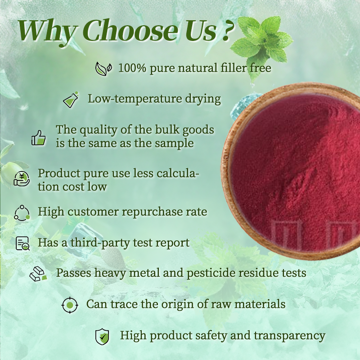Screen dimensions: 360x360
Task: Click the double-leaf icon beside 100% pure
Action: click(x=103, y=68)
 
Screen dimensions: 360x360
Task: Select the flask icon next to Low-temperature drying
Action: click(x=71, y=99)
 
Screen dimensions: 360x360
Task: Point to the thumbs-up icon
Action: click(x=39, y=137)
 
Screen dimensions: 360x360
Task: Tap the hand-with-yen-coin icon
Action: click(x=21, y=179)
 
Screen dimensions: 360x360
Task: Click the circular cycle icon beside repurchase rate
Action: click(x=22, y=212)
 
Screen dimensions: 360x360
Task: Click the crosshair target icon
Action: click(x=69, y=305)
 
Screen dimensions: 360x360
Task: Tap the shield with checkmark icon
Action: click(x=102, y=336)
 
